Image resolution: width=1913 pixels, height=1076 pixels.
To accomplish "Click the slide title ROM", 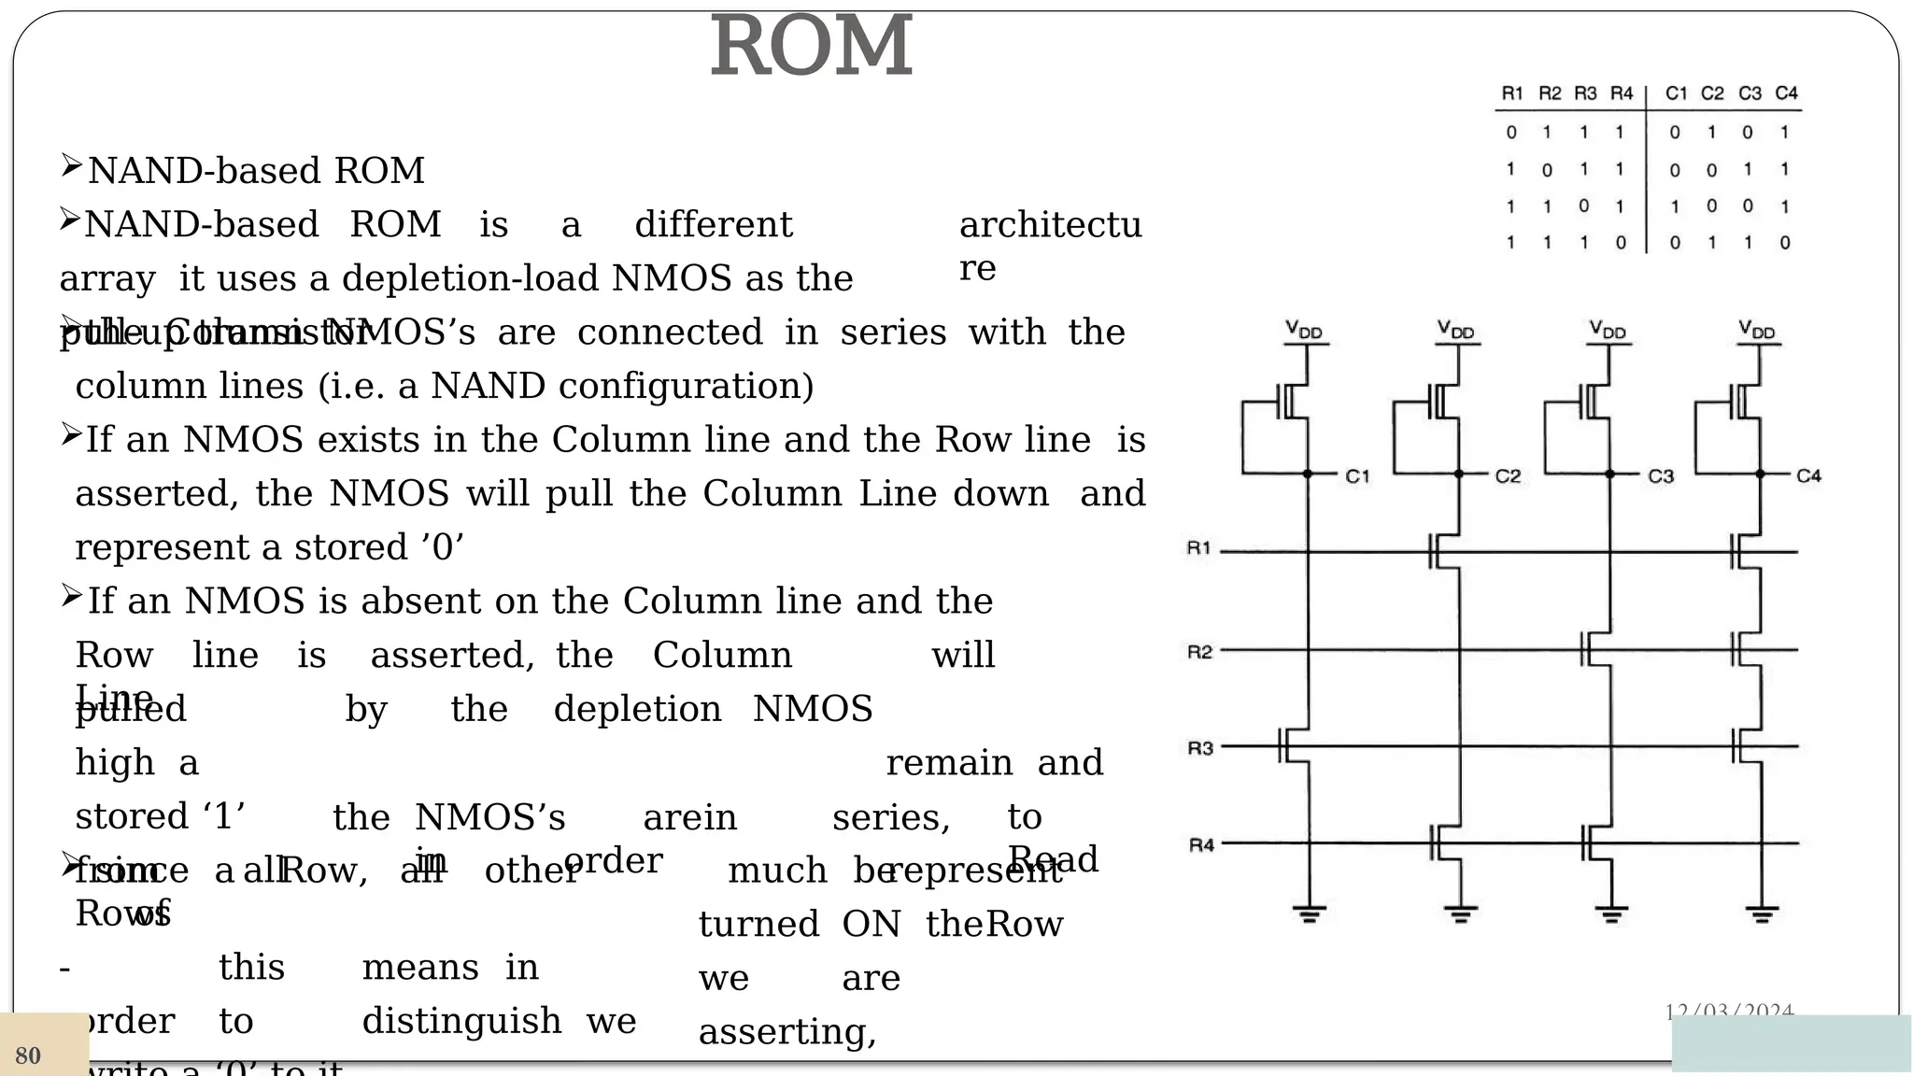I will click(x=811, y=47).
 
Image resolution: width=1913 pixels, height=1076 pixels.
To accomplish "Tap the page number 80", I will click(x=28, y=1055).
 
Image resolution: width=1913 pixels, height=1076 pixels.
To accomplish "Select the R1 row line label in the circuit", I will click(x=1198, y=548).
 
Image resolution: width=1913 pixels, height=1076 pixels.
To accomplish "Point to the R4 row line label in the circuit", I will click(x=1200, y=845).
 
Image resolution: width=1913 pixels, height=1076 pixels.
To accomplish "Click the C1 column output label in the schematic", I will click(x=1357, y=476).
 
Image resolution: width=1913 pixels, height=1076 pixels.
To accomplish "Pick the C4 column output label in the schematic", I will click(x=1808, y=476).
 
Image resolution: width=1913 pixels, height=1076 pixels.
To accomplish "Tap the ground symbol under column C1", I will click(x=1308, y=913).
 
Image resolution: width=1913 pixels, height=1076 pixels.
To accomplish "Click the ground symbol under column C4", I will click(x=1761, y=913).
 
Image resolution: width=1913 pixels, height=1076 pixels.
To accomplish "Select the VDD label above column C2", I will click(x=1455, y=330).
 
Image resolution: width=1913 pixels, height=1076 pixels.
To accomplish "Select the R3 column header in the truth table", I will click(x=1585, y=93).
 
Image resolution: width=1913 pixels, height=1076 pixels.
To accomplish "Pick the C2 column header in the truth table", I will click(x=1711, y=93).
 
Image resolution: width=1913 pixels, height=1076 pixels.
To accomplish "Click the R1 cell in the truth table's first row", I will click(x=1511, y=133).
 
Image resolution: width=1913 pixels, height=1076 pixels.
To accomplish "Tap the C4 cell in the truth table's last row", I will click(x=1785, y=243).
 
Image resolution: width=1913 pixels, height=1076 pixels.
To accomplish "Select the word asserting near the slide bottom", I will click(x=786, y=1032).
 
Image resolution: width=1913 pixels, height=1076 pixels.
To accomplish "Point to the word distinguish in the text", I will click(x=461, y=1021).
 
